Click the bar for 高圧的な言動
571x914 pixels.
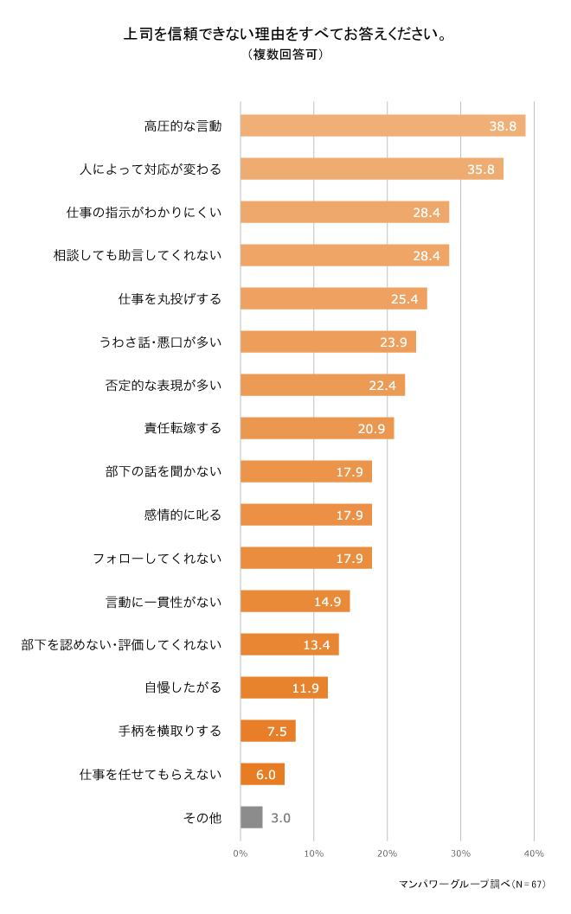click(x=382, y=125)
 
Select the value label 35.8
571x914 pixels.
click(x=480, y=169)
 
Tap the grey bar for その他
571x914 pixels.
click(x=251, y=817)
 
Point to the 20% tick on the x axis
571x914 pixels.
click(x=387, y=853)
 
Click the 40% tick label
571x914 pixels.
click(x=533, y=853)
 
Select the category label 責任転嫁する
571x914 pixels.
click(x=183, y=428)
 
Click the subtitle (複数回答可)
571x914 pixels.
click(x=285, y=54)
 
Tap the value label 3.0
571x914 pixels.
click(x=280, y=818)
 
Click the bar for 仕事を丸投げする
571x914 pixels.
click(x=333, y=298)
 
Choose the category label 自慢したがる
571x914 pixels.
click(x=183, y=687)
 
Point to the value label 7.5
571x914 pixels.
click(x=277, y=732)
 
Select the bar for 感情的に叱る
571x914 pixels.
click(x=305, y=515)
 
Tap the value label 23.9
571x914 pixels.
click(x=393, y=342)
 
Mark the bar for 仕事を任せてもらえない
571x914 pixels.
click(x=262, y=774)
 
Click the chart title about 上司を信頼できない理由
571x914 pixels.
click(x=285, y=35)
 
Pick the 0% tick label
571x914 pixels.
click(x=241, y=853)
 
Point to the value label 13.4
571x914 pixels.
click(x=316, y=645)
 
